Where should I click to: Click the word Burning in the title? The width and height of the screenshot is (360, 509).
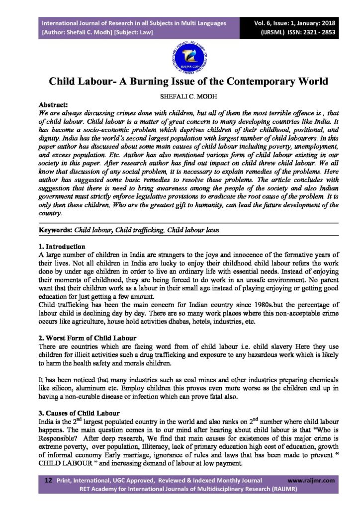pyautogui.click(x=157, y=82)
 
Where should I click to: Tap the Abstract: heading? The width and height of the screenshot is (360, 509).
pyautogui.click(x=55, y=105)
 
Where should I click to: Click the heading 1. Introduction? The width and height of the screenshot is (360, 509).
pyautogui.click(x=62, y=247)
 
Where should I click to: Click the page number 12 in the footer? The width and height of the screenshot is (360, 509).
pyautogui.click(x=49, y=481)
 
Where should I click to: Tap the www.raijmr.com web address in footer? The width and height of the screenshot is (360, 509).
pyautogui.click(x=311, y=481)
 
